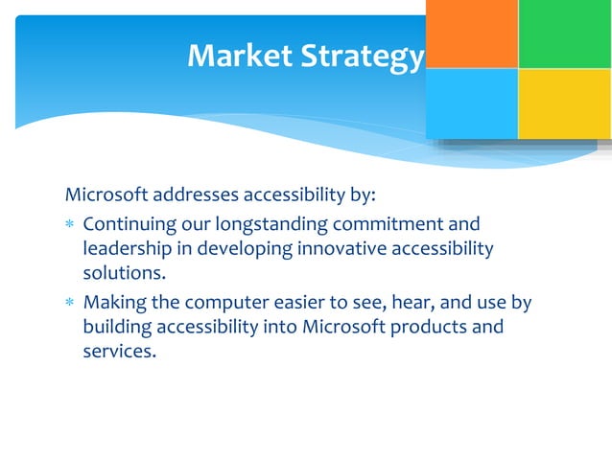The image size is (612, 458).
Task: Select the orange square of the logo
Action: [x=471, y=34]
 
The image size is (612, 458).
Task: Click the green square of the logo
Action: [x=564, y=34]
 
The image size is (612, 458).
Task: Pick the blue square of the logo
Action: [x=471, y=103]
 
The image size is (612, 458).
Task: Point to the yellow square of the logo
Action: [x=564, y=103]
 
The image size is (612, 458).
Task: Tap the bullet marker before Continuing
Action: [x=70, y=226]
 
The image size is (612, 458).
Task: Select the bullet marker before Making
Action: [x=70, y=304]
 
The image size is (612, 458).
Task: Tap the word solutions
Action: [x=118, y=273]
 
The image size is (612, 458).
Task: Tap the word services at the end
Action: [x=119, y=351]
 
